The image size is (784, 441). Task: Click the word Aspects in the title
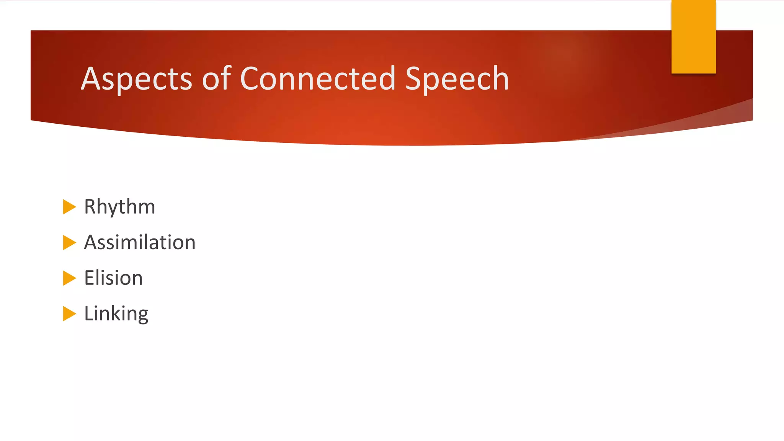coord(136,79)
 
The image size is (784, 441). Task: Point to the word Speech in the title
coord(457,79)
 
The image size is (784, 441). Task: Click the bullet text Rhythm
coord(119,207)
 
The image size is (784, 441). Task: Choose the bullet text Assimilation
coord(140,243)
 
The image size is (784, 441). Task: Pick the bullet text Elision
coord(113,278)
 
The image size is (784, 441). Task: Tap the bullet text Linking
coord(116,314)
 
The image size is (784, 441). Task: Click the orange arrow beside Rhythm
coord(69,207)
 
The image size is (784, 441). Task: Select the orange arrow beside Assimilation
coord(69,243)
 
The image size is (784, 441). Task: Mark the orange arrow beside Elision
coord(69,278)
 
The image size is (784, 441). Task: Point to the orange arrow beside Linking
coord(69,314)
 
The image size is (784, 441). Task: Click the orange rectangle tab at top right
coord(693,36)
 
